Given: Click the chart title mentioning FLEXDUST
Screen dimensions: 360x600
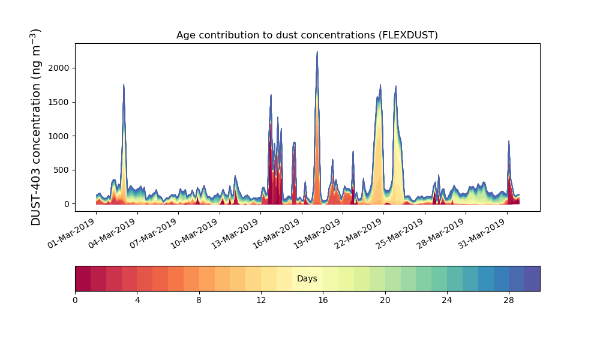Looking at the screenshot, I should point(307,35).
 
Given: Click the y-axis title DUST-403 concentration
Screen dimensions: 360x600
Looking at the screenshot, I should point(37,127).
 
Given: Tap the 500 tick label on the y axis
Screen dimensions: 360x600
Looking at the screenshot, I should point(62,170).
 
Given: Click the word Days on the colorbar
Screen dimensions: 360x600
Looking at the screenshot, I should point(307,279).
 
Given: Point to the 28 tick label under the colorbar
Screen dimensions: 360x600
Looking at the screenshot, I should point(509,300).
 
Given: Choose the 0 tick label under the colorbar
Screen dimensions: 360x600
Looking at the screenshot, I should point(76,300).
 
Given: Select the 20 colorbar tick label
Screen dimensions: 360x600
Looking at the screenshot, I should point(385,300).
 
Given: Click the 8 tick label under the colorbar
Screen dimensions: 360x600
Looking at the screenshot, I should point(199,300).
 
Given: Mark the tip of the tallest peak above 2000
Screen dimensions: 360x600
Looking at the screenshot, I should point(317,52).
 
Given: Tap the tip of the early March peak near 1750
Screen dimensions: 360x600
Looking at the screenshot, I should point(124,85).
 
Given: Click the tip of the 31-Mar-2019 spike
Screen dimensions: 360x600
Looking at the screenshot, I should point(509,142).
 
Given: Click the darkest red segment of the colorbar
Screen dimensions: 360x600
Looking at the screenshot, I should point(83,278).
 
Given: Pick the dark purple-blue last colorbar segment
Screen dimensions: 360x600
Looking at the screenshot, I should point(532,278).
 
